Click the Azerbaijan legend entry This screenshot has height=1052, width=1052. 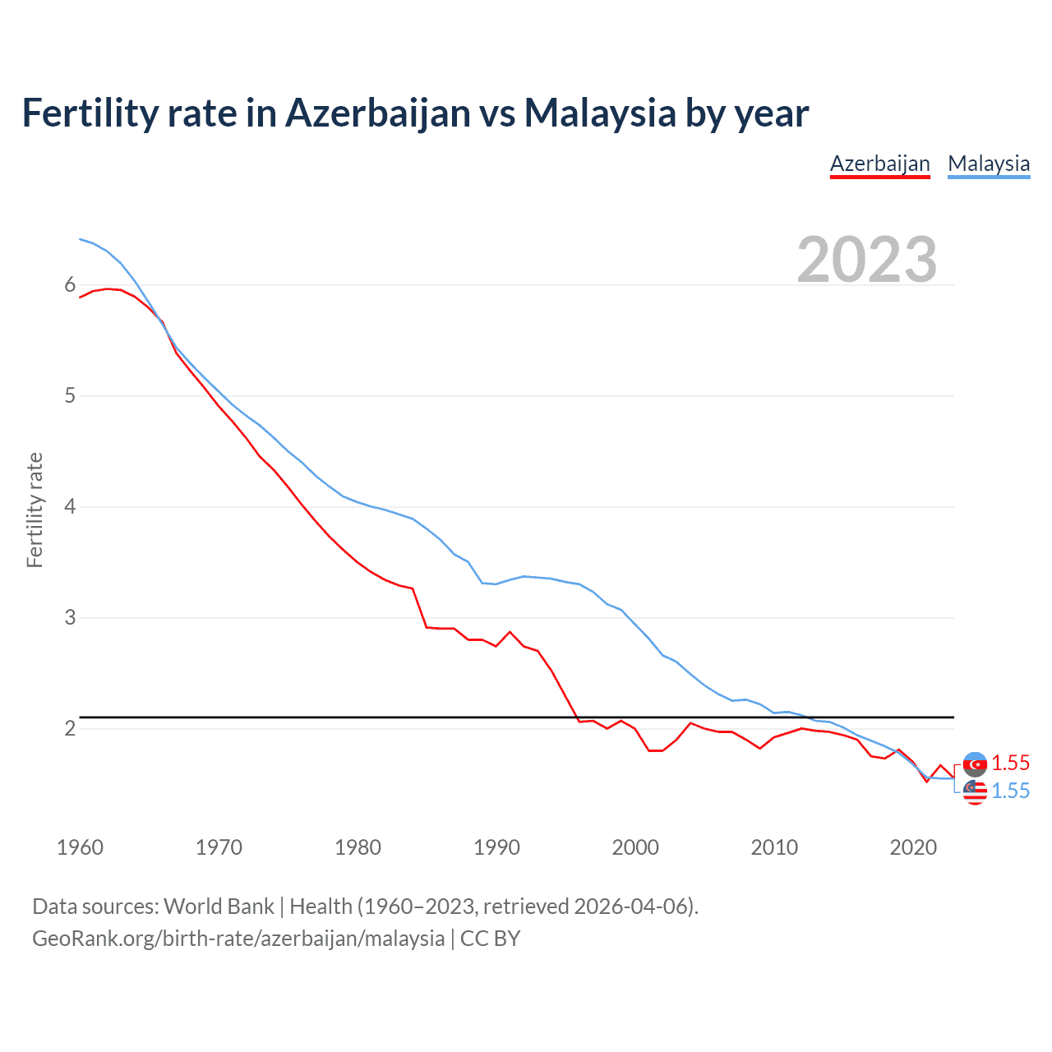pos(879,164)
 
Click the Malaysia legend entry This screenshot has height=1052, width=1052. pos(989,164)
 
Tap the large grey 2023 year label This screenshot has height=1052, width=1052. pos(867,260)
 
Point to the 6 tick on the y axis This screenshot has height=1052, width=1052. pos(70,285)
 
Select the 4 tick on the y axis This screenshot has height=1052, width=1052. pos(70,506)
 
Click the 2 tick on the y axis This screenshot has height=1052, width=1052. pos(70,728)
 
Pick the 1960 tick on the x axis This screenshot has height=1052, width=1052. pos(80,847)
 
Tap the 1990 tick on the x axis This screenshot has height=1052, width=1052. pos(496,847)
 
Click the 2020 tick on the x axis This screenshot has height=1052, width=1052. pos(913,847)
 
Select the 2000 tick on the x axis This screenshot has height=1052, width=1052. pos(635,847)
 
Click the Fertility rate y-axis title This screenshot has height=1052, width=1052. pos(35,510)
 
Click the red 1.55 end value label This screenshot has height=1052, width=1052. pos(1010,763)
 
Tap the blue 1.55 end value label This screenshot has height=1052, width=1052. pos(1010,791)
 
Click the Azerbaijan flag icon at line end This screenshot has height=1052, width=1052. pos(975,764)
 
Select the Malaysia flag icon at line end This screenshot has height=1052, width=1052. pos(975,792)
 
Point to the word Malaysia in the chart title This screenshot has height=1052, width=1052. pos(600,113)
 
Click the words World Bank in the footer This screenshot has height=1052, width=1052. pos(219,907)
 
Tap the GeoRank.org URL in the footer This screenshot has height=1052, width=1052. pos(238,939)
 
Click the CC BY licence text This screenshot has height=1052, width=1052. pos(490,939)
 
